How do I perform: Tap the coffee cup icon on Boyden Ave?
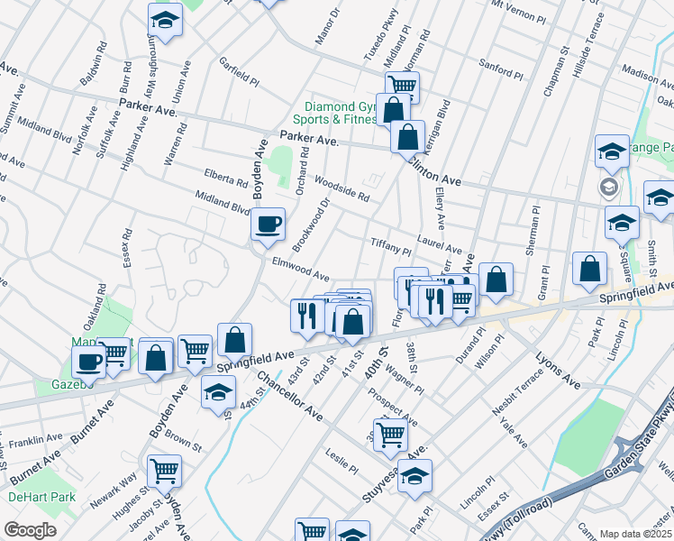(x=267, y=225)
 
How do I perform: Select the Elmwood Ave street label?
(x=300, y=268)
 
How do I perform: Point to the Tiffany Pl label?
(x=390, y=247)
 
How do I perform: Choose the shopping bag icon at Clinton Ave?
(x=408, y=139)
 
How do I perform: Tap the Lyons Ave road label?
(x=560, y=371)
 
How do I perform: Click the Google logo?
(x=30, y=530)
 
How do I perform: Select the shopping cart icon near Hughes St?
(x=164, y=471)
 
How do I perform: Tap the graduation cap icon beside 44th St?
(x=217, y=392)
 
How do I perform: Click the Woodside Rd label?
(x=342, y=189)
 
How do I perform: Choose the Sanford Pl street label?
(x=501, y=69)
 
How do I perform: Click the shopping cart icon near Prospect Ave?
(x=390, y=435)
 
